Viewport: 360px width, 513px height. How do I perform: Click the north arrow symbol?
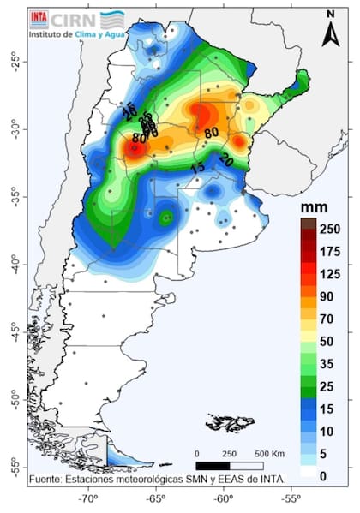331,33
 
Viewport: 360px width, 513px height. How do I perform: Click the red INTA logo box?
39,17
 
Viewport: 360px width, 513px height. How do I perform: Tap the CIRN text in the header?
74,19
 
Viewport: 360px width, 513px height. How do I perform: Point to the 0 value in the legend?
322,475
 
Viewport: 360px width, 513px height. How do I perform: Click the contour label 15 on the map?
198,169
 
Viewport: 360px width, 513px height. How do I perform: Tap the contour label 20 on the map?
226,159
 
